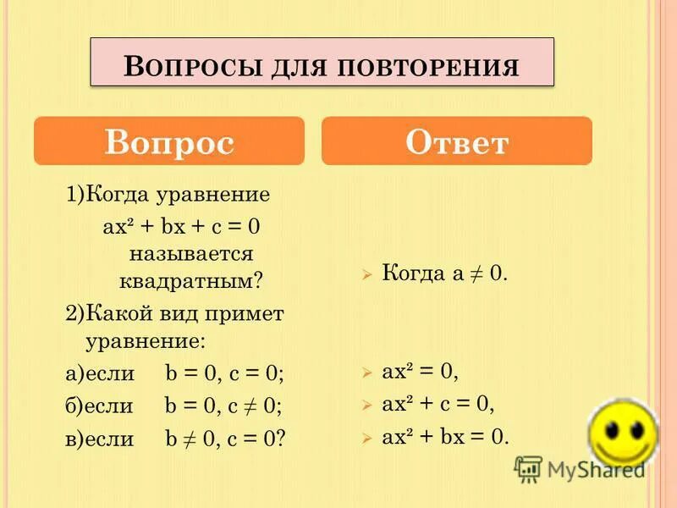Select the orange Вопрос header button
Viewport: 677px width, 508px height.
point(168,141)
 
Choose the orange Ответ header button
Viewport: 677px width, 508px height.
point(456,141)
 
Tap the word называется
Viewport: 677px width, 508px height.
point(191,252)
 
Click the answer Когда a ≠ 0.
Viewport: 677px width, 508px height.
point(444,273)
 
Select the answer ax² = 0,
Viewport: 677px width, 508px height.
point(420,371)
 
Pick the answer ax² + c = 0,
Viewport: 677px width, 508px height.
point(438,404)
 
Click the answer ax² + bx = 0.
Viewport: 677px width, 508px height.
point(446,437)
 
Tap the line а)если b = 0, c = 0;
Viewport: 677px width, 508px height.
point(174,373)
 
